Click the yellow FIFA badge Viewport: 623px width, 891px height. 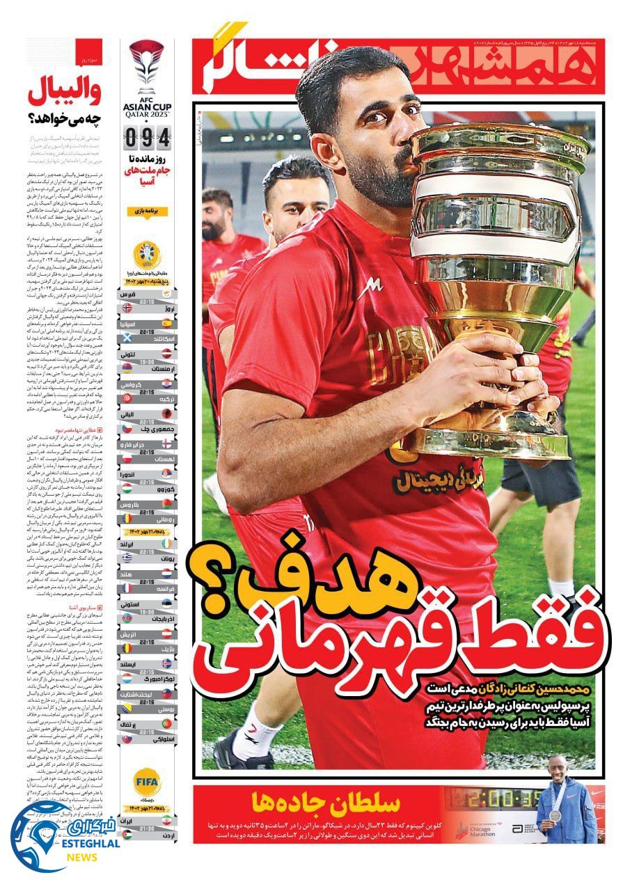click(x=147, y=780)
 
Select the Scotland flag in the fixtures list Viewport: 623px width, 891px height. click(x=127, y=338)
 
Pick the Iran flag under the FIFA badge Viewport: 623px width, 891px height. click(x=167, y=821)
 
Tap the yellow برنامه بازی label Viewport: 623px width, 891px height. click(x=147, y=210)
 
